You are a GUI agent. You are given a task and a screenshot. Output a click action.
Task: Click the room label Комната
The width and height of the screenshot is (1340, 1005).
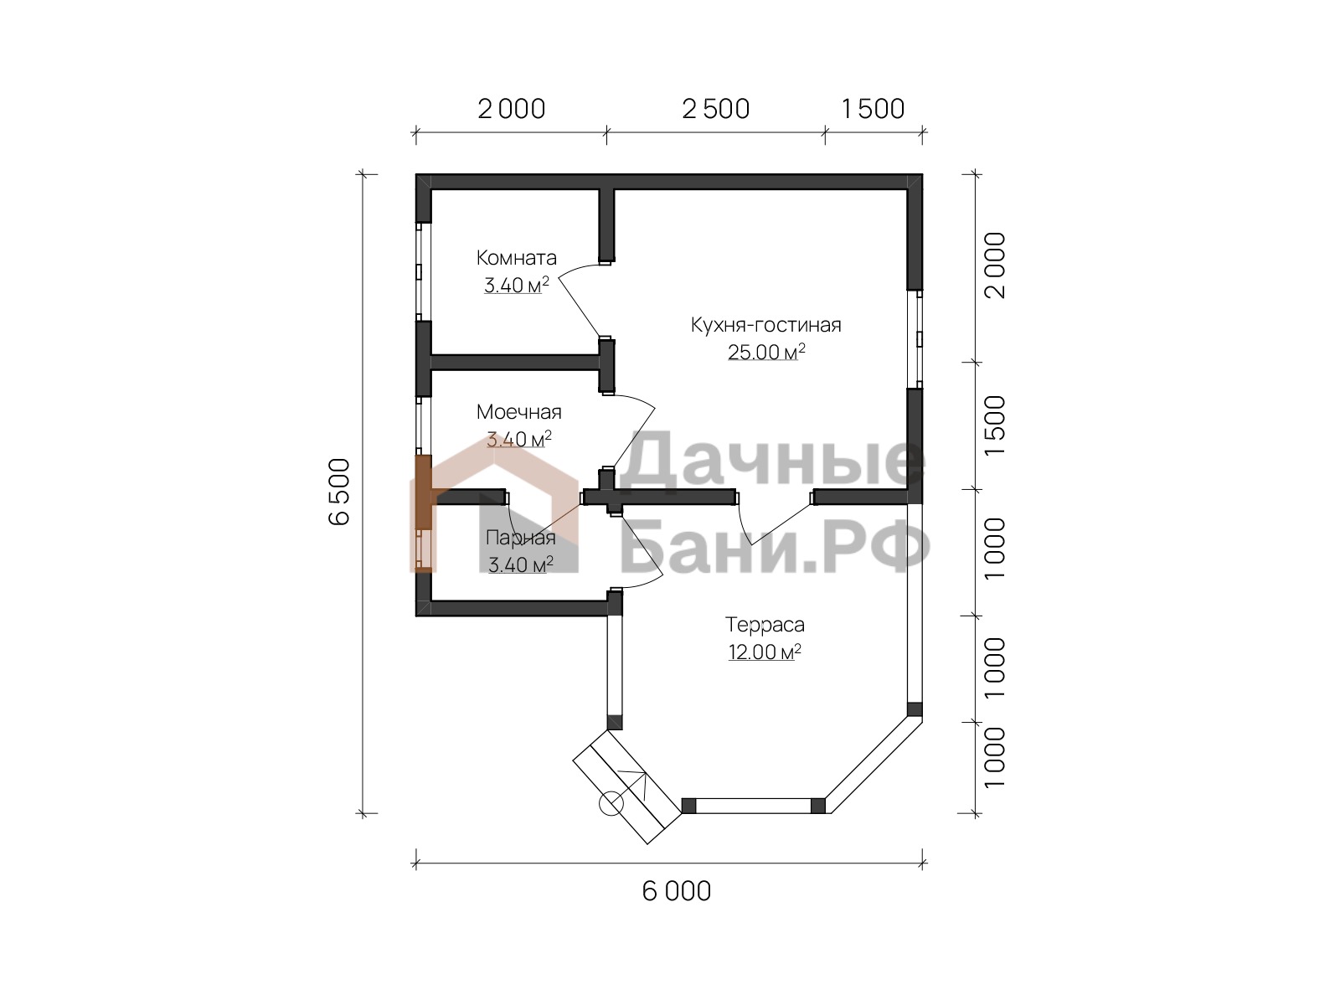(x=516, y=258)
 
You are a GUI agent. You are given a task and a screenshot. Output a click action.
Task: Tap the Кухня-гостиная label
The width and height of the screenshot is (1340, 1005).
(x=765, y=325)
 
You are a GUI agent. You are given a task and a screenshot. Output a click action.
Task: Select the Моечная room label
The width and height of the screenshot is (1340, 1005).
(x=519, y=412)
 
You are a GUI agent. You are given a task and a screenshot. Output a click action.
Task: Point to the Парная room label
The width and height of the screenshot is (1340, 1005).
(x=521, y=538)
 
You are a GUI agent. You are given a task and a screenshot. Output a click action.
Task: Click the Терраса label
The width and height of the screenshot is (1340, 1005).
(x=765, y=625)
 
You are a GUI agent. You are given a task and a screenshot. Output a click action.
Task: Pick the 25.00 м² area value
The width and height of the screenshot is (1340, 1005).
(x=766, y=352)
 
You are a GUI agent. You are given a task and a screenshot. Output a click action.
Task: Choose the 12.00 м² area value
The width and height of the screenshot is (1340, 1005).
(x=765, y=652)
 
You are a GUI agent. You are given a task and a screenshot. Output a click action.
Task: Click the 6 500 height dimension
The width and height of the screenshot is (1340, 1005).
(x=339, y=492)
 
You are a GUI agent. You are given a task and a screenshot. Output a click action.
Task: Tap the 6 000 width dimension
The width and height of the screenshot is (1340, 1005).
(x=677, y=891)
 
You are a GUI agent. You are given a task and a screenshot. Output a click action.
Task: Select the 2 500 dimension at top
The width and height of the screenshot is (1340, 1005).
(x=715, y=109)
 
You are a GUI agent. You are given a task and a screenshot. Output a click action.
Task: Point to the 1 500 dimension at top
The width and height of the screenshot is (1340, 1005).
(x=873, y=109)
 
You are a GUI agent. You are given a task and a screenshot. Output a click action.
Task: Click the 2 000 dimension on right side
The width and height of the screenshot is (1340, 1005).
(x=995, y=265)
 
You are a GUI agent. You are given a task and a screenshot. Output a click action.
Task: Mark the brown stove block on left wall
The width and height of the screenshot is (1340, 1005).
(x=424, y=492)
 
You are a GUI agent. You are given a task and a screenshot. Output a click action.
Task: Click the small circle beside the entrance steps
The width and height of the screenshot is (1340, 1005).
(x=611, y=804)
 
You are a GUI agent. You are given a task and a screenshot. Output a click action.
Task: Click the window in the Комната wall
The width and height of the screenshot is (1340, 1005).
(x=423, y=271)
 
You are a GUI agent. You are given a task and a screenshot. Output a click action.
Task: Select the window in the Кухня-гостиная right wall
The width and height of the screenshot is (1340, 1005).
(x=915, y=338)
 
